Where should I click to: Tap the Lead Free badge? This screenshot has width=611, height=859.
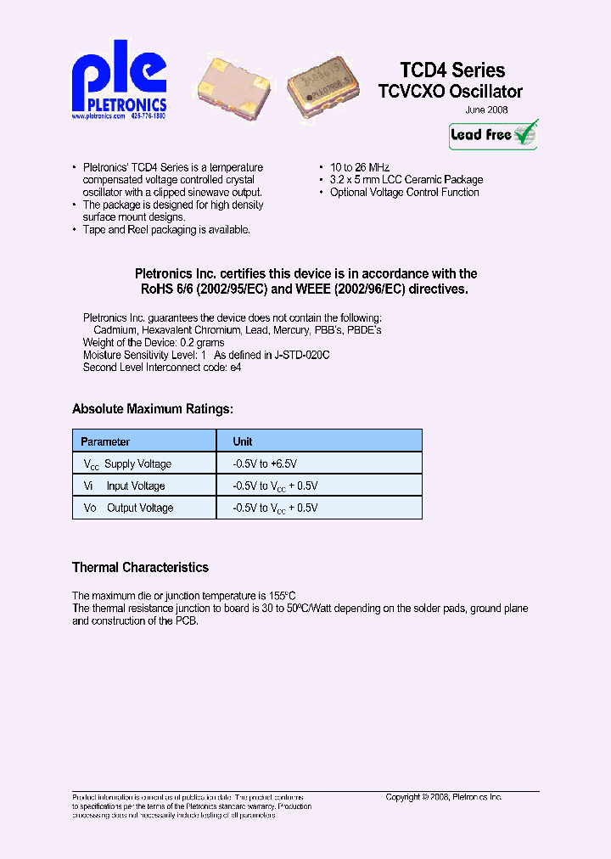[x=493, y=134]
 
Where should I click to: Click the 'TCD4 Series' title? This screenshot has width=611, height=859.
[x=452, y=70]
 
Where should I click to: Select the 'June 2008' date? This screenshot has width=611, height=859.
[x=487, y=110]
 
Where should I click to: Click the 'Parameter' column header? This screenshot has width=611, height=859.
[x=105, y=441]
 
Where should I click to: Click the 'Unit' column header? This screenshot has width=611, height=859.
[x=243, y=441]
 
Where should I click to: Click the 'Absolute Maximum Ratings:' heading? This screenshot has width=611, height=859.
[x=152, y=409]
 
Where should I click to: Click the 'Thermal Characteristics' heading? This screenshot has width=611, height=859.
[x=140, y=567]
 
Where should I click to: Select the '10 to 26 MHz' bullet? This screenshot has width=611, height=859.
[x=360, y=168]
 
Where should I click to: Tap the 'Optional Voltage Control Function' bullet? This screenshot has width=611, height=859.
[x=404, y=192]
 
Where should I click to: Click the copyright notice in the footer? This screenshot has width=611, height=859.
[x=444, y=797]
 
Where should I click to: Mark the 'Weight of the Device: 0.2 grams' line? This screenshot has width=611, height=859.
[x=154, y=343]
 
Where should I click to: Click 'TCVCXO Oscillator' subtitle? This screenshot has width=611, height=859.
[x=451, y=92]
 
